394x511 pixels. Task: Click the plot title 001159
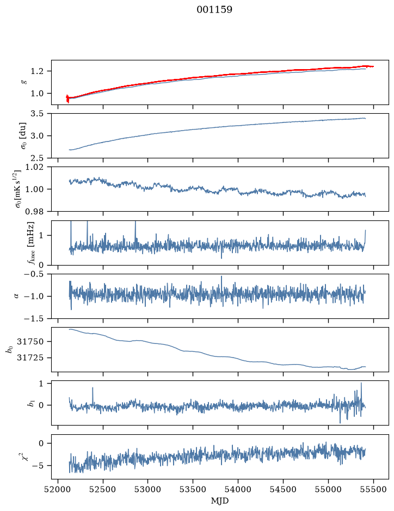pyautogui.click(x=214, y=10)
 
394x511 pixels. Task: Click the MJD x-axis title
pyautogui.click(x=220, y=501)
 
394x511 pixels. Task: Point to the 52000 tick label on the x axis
pyautogui.click(x=58, y=489)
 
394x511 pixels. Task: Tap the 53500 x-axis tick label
pyautogui.click(x=193, y=489)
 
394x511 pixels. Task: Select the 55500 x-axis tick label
pyautogui.click(x=373, y=489)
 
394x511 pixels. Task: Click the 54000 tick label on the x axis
pyautogui.click(x=238, y=489)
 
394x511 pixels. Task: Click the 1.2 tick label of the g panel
pyautogui.click(x=37, y=71)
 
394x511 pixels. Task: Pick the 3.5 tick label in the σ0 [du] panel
pyautogui.click(x=37, y=113)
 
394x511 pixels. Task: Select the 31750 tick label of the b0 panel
pyautogui.click(x=30, y=342)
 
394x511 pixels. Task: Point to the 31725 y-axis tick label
pyautogui.click(x=30, y=358)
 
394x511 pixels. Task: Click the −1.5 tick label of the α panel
pyautogui.click(x=34, y=318)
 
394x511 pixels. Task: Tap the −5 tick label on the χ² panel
pyautogui.click(x=38, y=465)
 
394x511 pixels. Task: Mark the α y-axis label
pyautogui.click(x=16, y=296)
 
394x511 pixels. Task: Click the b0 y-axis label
pyautogui.click(x=10, y=349)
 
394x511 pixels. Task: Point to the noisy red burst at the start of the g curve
pyautogui.click(x=67, y=98)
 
